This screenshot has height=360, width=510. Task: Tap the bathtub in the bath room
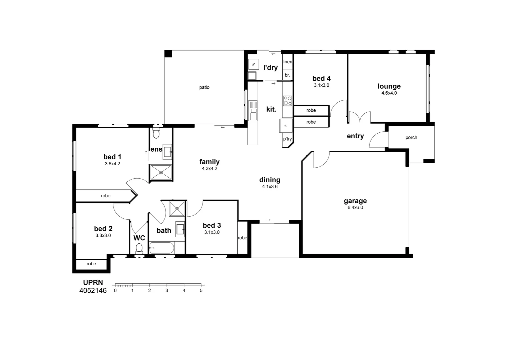(162, 248)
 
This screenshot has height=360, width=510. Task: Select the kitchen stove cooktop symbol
(287, 100)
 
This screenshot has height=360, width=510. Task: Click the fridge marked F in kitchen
(286, 126)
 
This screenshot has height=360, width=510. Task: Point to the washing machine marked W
(253, 64)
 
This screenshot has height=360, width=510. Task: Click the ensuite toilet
(156, 133)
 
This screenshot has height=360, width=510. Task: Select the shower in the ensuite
(161, 172)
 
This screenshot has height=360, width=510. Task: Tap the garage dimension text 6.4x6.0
(355, 207)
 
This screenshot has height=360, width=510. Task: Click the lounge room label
(389, 86)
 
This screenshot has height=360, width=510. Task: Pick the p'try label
(287, 139)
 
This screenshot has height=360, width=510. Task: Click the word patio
(204, 87)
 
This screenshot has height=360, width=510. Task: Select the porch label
(411, 137)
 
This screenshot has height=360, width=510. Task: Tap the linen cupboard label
(287, 62)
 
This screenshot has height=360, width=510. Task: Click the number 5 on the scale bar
(201, 290)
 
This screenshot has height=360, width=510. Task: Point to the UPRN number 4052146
(93, 291)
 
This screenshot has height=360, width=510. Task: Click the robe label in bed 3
(242, 238)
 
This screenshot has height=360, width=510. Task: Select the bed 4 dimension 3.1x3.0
(321, 85)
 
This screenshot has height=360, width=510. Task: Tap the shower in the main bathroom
(177, 209)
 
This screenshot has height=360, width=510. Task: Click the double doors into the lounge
(359, 117)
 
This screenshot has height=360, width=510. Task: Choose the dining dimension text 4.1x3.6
(270, 187)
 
